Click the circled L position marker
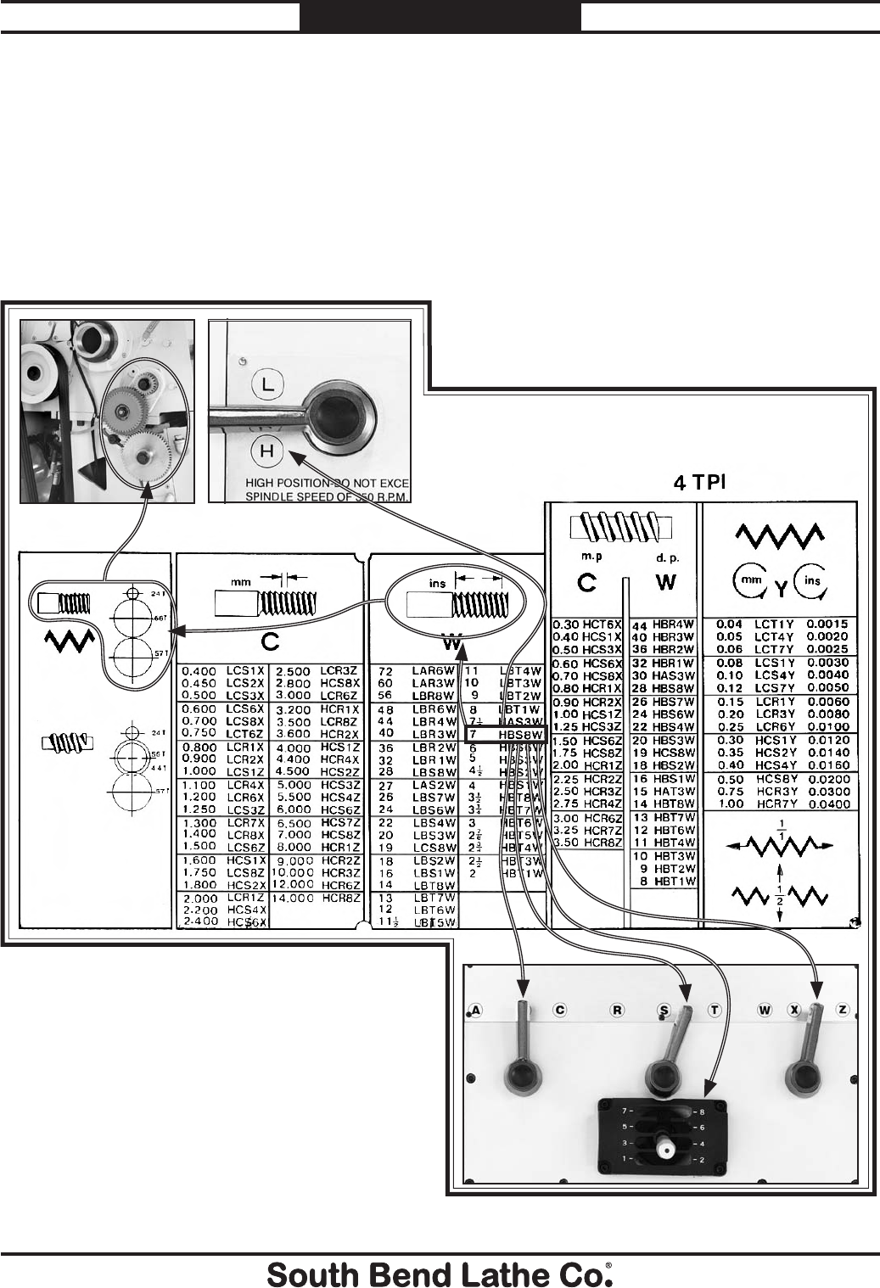pos(267,384)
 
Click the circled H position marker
pos(266,451)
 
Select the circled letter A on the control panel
pos(475,1010)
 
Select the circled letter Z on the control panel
pos(843,1010)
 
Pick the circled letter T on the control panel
pos(715,1010)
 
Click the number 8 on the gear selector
pos(702,1111)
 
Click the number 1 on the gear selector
pos(625,1158)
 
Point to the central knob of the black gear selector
pos(664,1146)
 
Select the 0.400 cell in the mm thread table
pos(198,671)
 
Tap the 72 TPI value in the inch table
pos(384,670)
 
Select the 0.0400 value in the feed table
pos(827,804)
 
